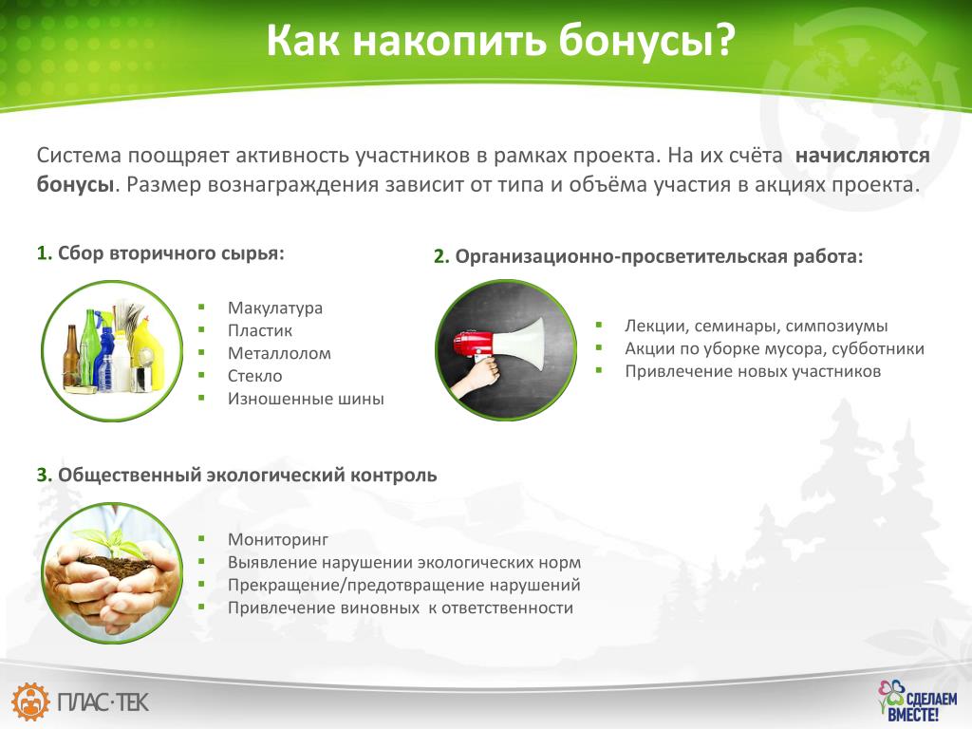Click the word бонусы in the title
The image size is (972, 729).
[x=645, y=40]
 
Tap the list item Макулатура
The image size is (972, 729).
[x=275, y=308]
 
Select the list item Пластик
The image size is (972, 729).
[x=260, y=330]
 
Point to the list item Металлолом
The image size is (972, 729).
[x=279, y=353]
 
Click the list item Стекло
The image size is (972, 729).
[x=254, y=376]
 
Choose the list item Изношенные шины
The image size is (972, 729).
[x=306, y=399]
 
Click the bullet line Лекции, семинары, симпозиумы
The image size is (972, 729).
[x=756, y=327]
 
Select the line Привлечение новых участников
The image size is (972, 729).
[x=753, y=371]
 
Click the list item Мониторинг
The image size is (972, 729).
[x=278, y=540]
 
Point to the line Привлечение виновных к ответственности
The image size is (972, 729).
[x=400, y=607]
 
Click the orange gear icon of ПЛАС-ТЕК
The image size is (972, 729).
[x=31, y=701]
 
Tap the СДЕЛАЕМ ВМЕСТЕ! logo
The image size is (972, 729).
[x=917, y=701]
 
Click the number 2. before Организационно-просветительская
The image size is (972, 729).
[x=440, y=256]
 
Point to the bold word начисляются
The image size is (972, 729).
[x=862, y=155]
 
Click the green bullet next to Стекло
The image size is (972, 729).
[x=201, y=375]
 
